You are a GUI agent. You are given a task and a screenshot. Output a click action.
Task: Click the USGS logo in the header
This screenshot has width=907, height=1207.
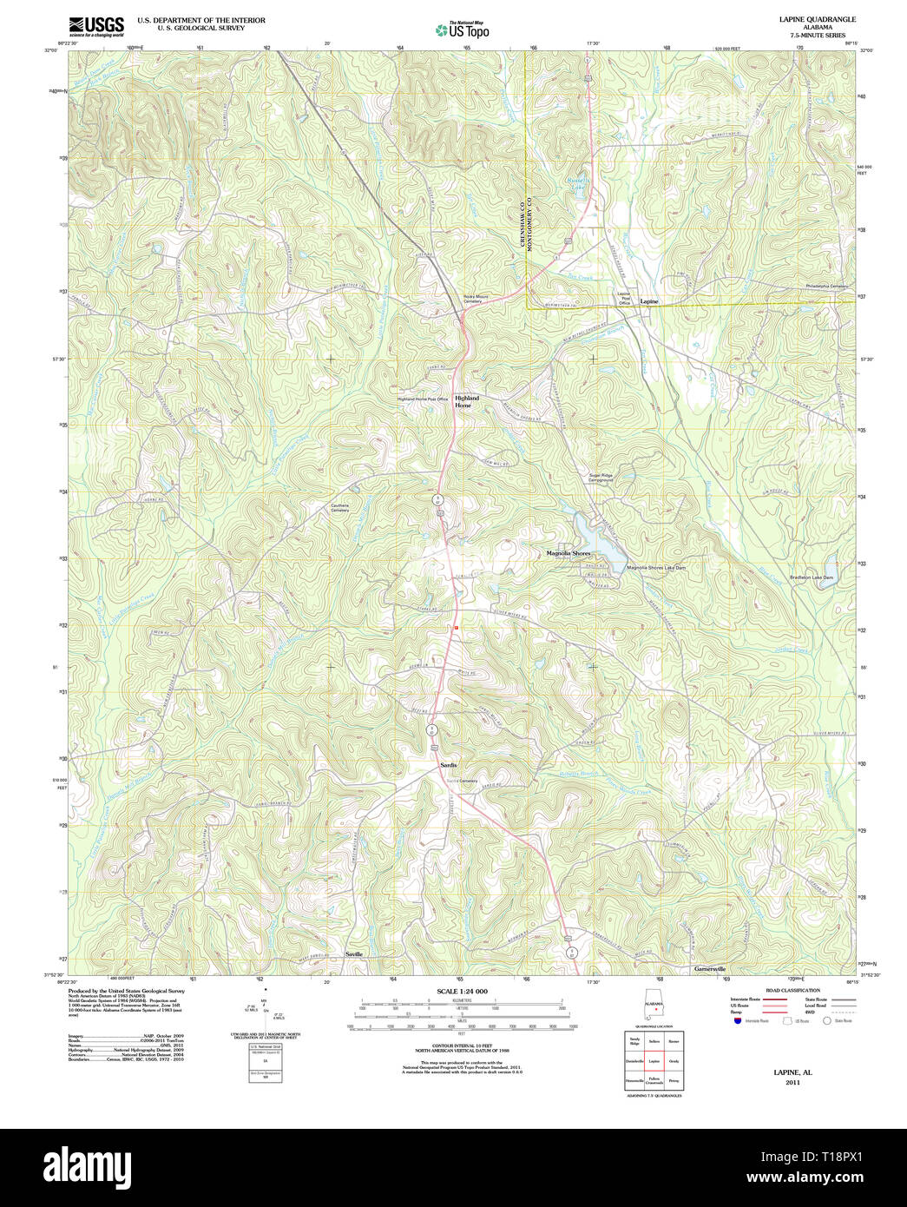click(x=96, y=26)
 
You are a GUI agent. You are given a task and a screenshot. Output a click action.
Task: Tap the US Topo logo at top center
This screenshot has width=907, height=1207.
click(x=463, y=30)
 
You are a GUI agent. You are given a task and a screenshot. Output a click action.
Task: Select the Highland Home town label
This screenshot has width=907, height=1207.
click(x=466, y=401)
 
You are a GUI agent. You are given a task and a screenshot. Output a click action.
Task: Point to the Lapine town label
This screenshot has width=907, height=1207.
click(x=649, y=301)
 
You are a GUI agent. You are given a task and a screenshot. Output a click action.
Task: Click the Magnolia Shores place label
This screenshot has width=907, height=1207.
click(x=568, y=553)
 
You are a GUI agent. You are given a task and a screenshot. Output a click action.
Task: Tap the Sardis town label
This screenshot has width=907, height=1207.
click(x=448, y=765)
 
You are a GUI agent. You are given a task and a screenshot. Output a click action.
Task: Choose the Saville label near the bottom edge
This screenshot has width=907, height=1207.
click(x=354, y=953)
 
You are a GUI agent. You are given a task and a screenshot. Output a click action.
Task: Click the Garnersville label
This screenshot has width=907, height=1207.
click(x=709, y=968)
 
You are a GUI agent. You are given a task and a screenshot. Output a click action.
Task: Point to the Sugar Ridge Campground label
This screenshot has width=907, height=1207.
click(x=601, y=478)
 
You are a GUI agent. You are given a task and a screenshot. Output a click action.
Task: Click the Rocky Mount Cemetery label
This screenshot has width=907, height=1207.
click(x=475, y=299)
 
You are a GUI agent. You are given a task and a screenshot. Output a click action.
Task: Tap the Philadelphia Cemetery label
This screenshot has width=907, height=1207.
click(x=825, y=286)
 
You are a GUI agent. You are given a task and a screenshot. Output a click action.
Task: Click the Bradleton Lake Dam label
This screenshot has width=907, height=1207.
click(x=812, y=577)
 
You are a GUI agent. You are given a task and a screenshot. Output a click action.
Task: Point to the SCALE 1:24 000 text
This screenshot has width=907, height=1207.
click(x=462, y=991)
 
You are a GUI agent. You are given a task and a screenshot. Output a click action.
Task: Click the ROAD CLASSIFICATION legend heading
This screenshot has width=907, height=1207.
click(x=792, y=990)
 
